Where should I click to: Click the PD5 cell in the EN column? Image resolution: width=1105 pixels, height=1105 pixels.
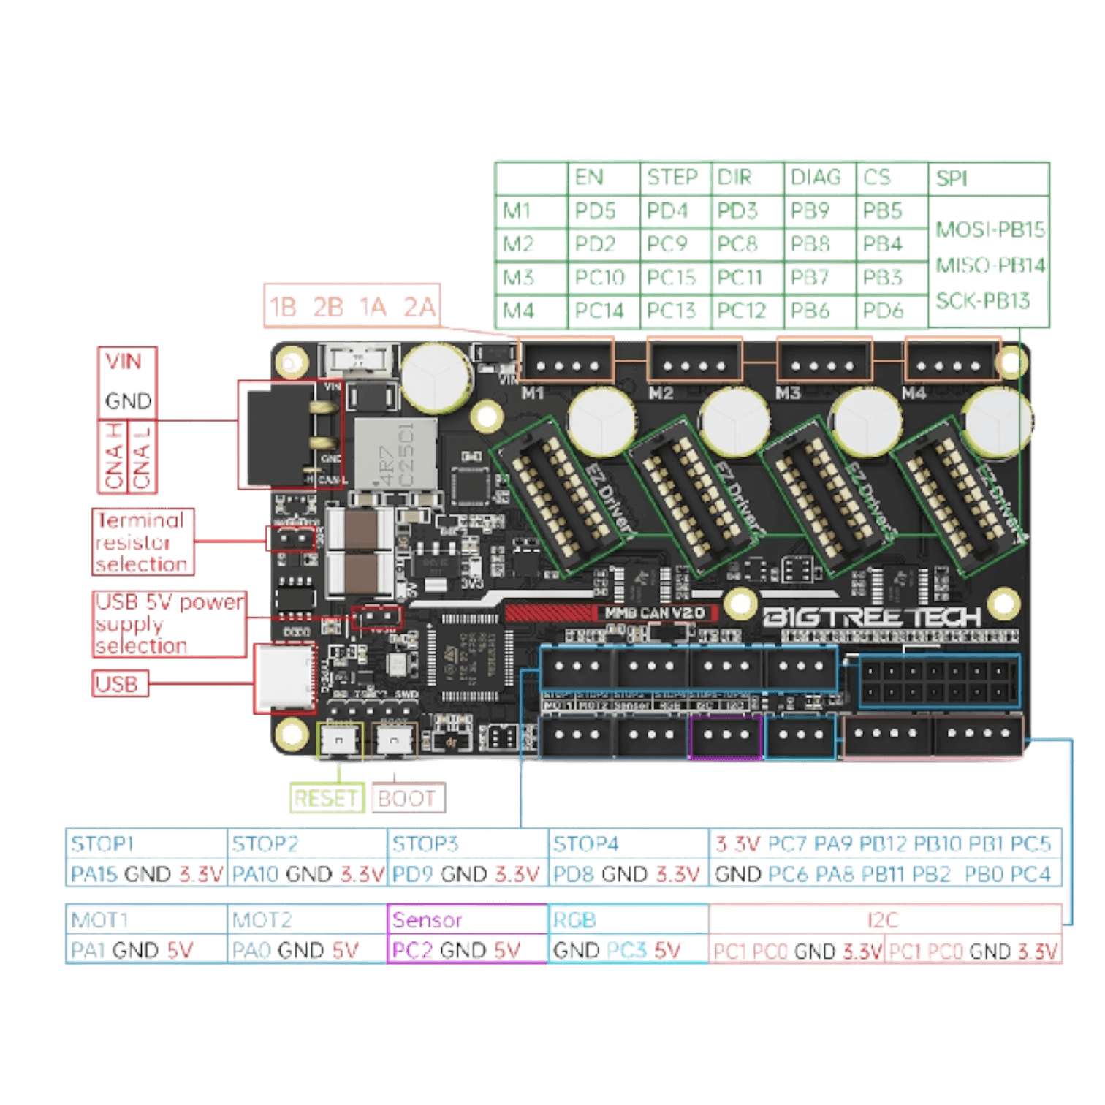pos(596,211)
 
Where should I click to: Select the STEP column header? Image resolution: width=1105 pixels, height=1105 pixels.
pos(672,178)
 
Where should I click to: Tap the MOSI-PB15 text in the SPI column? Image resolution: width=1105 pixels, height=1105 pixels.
pos(990,230)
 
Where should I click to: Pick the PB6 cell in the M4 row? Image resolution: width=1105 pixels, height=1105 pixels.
pos(810,311)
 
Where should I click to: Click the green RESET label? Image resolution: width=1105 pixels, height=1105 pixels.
pos(327,798)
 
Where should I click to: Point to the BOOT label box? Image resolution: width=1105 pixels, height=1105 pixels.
pos(408,798)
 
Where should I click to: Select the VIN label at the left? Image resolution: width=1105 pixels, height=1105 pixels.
pos(124,362)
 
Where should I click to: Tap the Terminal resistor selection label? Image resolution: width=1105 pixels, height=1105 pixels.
pos(143,542)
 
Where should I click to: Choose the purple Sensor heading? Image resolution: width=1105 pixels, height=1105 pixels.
pos(428,919)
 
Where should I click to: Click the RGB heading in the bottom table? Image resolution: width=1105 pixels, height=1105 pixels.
pos(576,919)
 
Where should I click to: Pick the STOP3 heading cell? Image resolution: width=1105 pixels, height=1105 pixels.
pos(426,844)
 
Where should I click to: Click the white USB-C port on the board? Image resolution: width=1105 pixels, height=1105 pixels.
pos(284,677)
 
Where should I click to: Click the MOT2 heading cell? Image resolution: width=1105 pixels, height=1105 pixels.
pos(262,919)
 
